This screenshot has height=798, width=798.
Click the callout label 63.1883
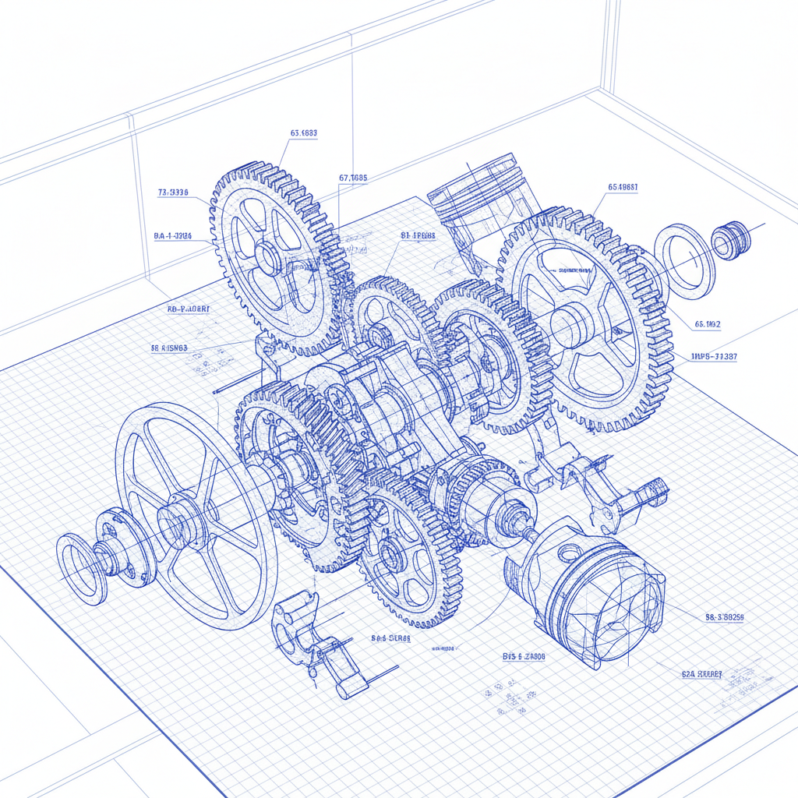click(x=303, y=133)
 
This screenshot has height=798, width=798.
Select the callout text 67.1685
click(x=352, y=178)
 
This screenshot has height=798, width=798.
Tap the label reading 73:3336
click(x=172, y=192)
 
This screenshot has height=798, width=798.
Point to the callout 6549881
click(x=623, y=187)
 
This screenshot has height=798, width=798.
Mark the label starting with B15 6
click(x=524, y=657)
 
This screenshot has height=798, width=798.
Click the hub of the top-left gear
click(x=267, y=257)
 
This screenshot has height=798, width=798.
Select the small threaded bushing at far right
click(x=731, y=239)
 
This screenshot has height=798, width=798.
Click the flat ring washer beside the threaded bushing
click(x=683, y=261)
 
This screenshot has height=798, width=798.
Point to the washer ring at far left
click(x=80, y=568)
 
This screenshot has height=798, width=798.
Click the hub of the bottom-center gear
click(x=394, y=555)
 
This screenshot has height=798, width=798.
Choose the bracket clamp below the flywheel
click(x=312, y=639)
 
